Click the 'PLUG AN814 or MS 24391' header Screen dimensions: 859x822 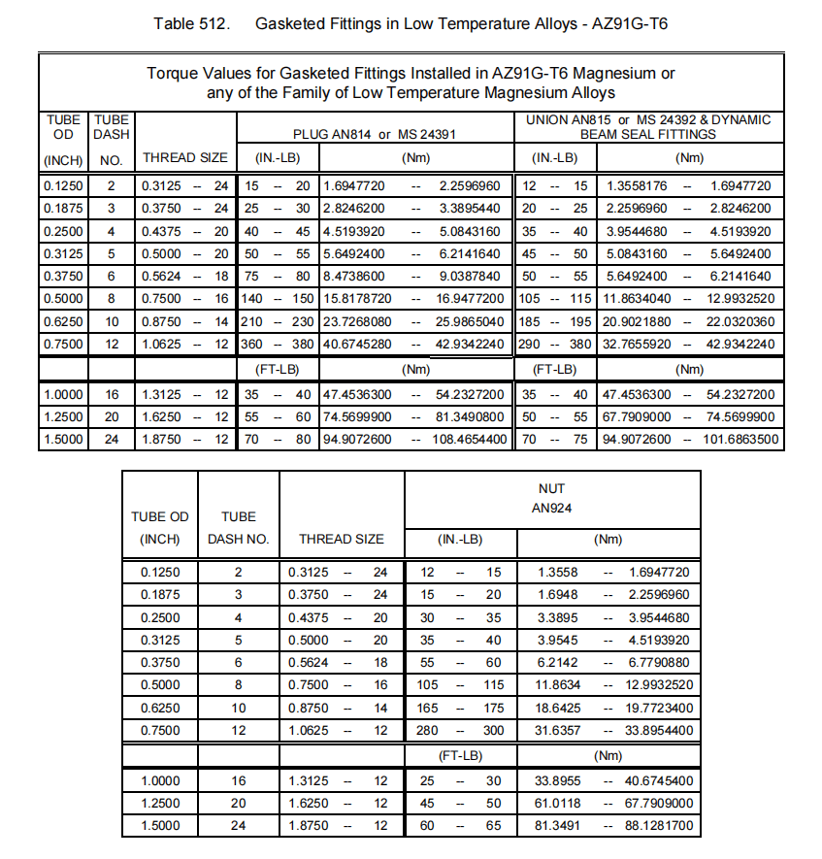tap(375, 135)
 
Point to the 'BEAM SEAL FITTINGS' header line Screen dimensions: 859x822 tap(648, 135)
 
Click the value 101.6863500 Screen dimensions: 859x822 tap(742, 440)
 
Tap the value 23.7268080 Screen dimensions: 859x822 tap(358, 321)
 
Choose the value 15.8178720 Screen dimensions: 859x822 tap(358, 299)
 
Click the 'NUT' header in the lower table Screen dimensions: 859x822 tap(550, 488)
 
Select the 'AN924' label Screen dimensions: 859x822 tap(550, 508)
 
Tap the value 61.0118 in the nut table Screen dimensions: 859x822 tap(560, 804)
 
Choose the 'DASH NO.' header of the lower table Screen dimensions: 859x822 tap(238, 539)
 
